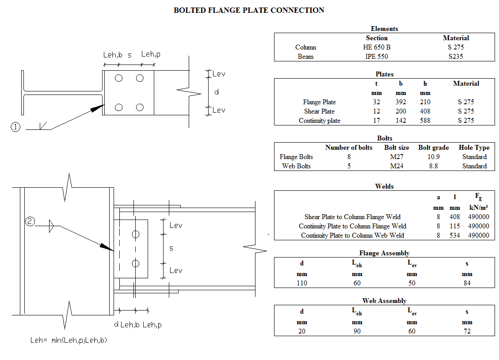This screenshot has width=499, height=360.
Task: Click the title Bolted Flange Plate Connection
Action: pos(249,10)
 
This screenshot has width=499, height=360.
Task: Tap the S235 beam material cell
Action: pos(456,57)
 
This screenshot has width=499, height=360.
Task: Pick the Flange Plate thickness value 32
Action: pos(376,102)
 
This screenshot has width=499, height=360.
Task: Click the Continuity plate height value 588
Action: pos(425,121)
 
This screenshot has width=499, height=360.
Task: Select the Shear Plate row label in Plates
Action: pos(319,111)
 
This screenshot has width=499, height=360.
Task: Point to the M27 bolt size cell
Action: pos(396,157)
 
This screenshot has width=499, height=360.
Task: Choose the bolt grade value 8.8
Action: pos(433,166)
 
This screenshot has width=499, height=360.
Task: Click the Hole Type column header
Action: pos(474,148)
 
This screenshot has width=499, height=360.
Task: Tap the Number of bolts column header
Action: pos(349,148)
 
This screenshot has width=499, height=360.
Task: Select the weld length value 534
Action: pos(455,235)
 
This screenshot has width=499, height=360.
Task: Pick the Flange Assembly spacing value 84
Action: pos(467,283)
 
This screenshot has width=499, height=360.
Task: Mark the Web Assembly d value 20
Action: pos(302,331)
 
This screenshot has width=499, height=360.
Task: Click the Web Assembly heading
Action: pos(384,301)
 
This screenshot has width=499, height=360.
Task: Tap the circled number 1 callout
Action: pos(15,127)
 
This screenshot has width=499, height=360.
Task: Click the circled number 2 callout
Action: pos(30,222)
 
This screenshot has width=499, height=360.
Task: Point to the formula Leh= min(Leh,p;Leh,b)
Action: pos(69,340)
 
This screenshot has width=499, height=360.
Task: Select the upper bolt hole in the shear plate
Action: pos(135,234)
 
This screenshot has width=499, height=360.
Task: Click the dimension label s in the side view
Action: pos(171,248)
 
